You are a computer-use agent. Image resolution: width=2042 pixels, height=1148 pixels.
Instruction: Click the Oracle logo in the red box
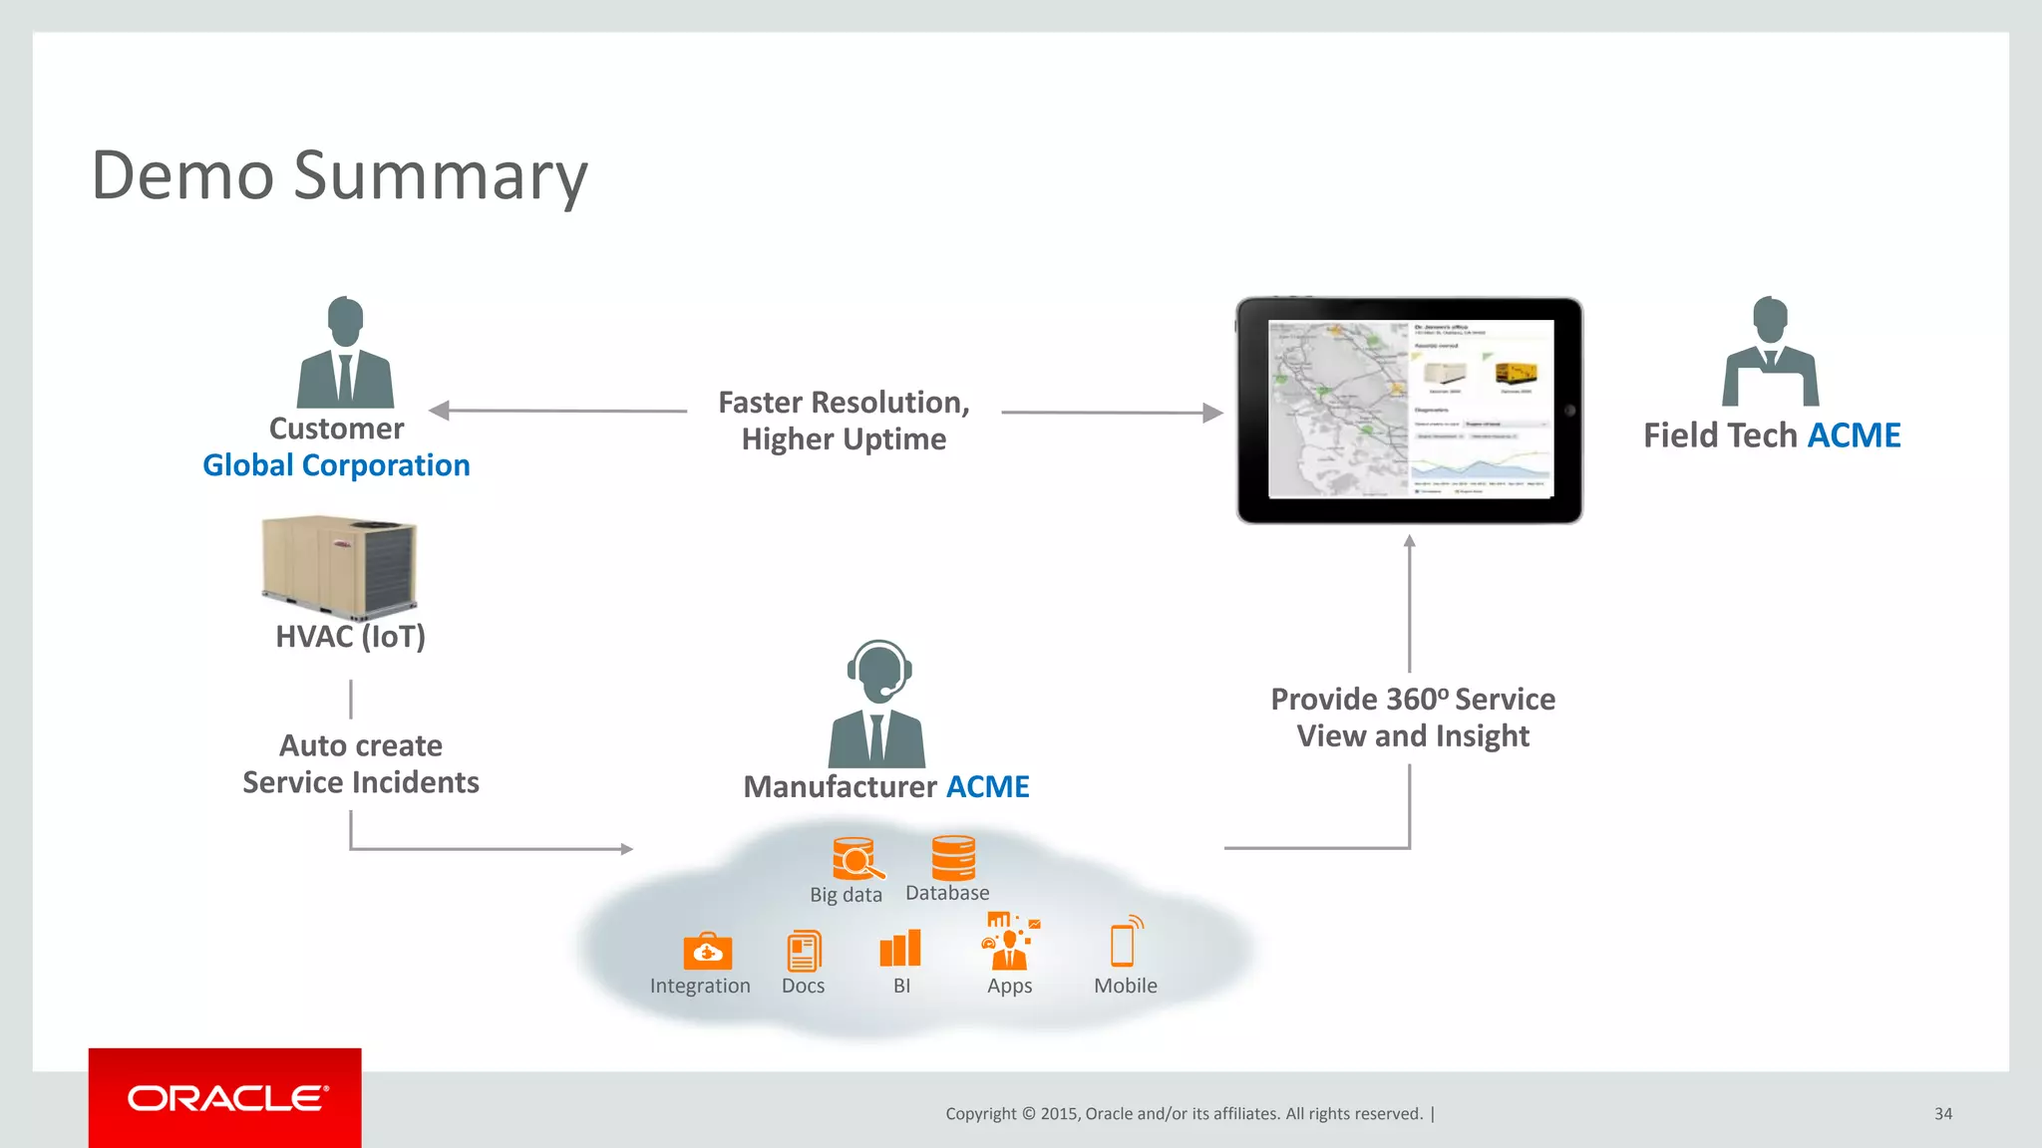click(x=226, y=1098)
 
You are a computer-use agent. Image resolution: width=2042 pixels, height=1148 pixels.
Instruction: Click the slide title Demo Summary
click(x=340, y=175)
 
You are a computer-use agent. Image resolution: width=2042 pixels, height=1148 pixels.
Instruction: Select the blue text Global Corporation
click(x=336, y=465)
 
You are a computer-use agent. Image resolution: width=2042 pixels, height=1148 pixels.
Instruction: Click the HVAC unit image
click(x=339, y=565)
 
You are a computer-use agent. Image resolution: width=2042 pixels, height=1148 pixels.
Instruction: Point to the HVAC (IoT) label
click(x=350, y=637)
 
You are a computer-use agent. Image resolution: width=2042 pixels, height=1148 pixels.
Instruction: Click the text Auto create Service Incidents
click(x=361, y=764)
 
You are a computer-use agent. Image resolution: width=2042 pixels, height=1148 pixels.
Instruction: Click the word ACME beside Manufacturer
click(x=987, y=787)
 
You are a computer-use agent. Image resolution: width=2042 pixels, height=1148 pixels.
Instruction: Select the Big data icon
click(x=855, y=859)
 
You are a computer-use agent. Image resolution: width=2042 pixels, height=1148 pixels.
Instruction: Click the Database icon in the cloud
click(x=953, y=858)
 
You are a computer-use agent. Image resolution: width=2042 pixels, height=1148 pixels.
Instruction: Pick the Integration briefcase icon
click(x=707, y=952)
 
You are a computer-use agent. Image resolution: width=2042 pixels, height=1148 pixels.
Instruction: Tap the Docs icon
click(x=804, y=951)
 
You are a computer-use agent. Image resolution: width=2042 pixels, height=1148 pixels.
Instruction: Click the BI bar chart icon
click(x=900, y=949)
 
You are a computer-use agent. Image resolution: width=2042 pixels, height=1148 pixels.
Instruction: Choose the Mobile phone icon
click(x=1124, y=943)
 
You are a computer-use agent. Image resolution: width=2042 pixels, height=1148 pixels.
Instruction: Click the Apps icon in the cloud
click(x=1010, y=941)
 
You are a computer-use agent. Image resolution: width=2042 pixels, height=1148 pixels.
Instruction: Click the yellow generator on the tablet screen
click(x=1516, y=374)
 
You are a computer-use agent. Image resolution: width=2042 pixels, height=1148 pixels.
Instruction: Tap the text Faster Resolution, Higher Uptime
click(x=844, y=421)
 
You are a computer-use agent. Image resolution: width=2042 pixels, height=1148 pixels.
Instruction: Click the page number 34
click(x=1942, y=1114)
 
